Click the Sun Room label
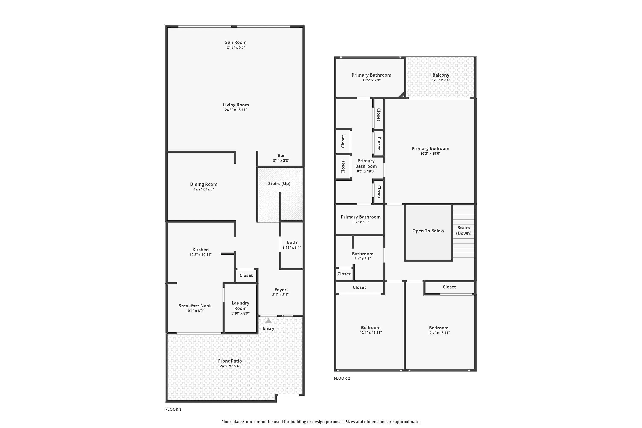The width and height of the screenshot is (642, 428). pyautogui.click(x=236, y=42)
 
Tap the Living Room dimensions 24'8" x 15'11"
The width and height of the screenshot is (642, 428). pyautogui.click(x=236, y=110)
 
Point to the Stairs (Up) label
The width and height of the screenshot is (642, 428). pyautogui.click(x=279, y=184)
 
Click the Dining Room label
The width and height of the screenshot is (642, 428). pyautogui.click(x=204, y=184)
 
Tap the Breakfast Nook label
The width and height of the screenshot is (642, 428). pyautogui.click(x=195, y=306)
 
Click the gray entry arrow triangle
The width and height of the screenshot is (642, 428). pyautogui.click(x=268, y=321)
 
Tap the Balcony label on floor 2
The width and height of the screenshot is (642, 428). pyautogui.click(x=441, y=75)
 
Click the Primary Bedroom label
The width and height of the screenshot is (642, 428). pyautogui.click(x=430, y=149)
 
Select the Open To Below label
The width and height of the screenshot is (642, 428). pyautogui.click(x=428, y=231)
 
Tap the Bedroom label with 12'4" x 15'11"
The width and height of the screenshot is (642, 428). pyautogui.click(x=370, y=328)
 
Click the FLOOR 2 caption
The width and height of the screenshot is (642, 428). pyautogui.click(x=342, y=378)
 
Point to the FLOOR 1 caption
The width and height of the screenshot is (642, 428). pyautogui.click(x=173, y=409)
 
